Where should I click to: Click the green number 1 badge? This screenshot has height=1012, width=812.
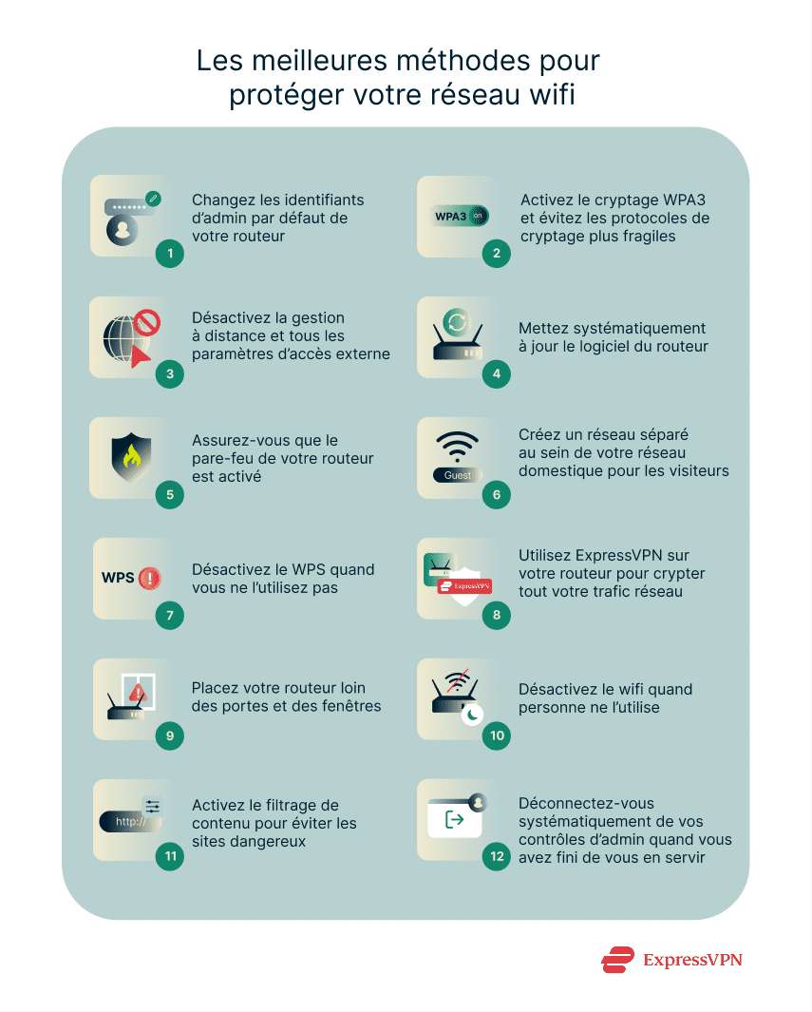coord(169,254)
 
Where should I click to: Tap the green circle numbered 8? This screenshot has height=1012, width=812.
coord(496,616)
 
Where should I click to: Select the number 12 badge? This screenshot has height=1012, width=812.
coord(496,856)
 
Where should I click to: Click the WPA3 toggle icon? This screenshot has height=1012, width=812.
coord(460,216)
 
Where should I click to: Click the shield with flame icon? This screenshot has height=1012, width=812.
coord(130,457)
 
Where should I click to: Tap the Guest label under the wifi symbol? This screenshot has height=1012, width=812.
coord(458,475)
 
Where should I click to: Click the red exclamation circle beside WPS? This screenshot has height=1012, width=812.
coord(149,578)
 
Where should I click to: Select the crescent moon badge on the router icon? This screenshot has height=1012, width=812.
coord(472,716)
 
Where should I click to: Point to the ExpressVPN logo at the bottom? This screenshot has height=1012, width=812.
coord(671,960)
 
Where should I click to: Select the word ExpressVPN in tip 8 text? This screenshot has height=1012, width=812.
coord(624,556)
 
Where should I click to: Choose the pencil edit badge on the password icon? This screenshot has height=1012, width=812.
coord(153,199)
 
